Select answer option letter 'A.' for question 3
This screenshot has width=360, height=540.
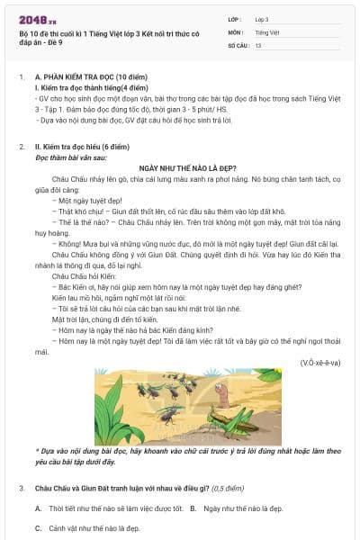coord(39,508)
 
